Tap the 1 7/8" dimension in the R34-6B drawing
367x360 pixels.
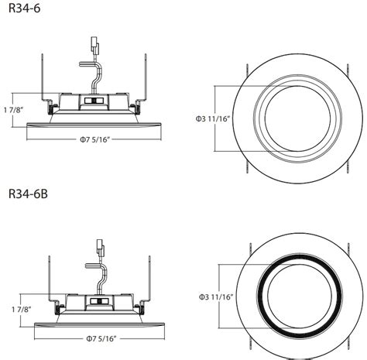point(13,310)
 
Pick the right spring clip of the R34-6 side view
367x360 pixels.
point(146,81)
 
